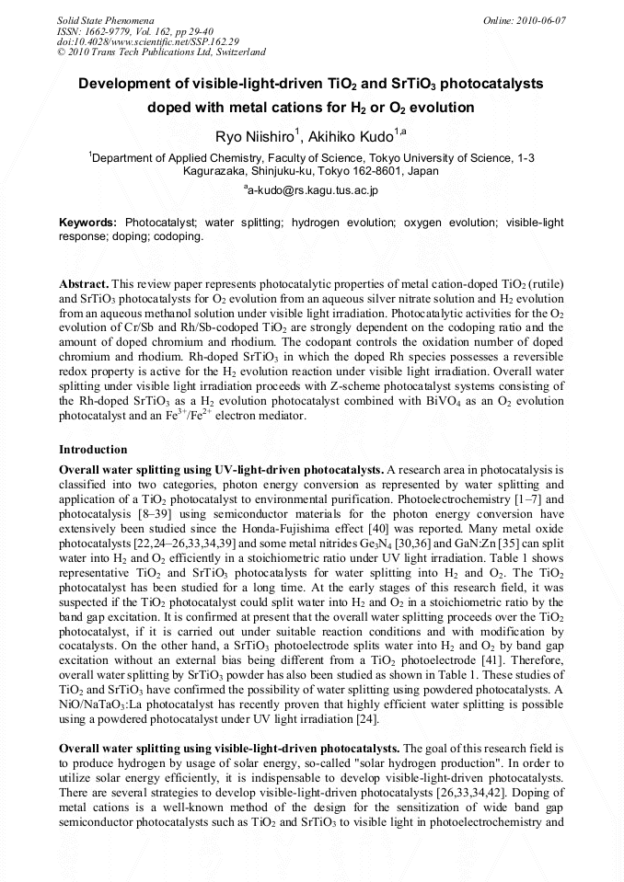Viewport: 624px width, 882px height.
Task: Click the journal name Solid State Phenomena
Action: click(105, 19)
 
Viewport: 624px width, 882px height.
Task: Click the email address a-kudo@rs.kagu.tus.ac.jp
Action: click(312, 189)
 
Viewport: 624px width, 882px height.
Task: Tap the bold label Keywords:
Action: click(87, 223)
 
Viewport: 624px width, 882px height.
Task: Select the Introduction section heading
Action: click(93, 450)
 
